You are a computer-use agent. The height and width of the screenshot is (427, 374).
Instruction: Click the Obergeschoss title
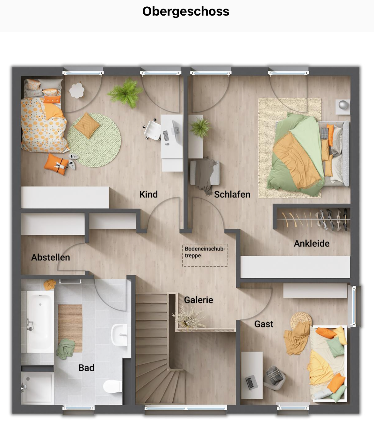pyautogui.click(x=186, y=11)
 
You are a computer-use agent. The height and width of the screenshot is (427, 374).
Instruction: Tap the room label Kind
pyautogui.click(x=148, y=194)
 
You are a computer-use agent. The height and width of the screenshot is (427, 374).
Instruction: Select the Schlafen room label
pyautogui.click(x=232, y=194)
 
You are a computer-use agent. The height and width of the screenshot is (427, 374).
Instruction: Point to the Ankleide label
pyautogui.click(x=312, y=243)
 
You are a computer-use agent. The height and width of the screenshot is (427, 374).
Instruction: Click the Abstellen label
pyautogui.click(x=51, y=257)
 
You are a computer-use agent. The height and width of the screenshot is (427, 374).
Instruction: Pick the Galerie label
pyautogui.click(x=198, y=300)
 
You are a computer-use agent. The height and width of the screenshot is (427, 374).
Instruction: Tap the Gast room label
pyautogui.click(x=264, y=324)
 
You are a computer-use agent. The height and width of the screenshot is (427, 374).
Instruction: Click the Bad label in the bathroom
pyautogui.click(x=86, y=368)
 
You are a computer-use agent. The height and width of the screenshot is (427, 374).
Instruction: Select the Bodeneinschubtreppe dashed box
pyautogui.click(x=205, y=255)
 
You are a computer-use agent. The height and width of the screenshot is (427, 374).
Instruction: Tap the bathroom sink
pyautogui.click(x=119, y=334)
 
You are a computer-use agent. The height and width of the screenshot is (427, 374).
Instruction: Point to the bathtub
pyautogui.click(x=40, y=321)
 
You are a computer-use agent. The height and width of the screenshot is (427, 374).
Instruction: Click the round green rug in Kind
pyautogui.click(x=94, y=140)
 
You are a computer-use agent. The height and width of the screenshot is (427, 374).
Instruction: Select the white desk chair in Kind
pyautogui.click(x=152, y=130)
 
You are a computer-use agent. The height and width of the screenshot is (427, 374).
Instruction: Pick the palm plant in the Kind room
pyautogui.click(x=126, y=93)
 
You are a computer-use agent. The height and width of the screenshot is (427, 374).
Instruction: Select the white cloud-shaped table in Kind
pyautogui.click(x=77, y=90)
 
